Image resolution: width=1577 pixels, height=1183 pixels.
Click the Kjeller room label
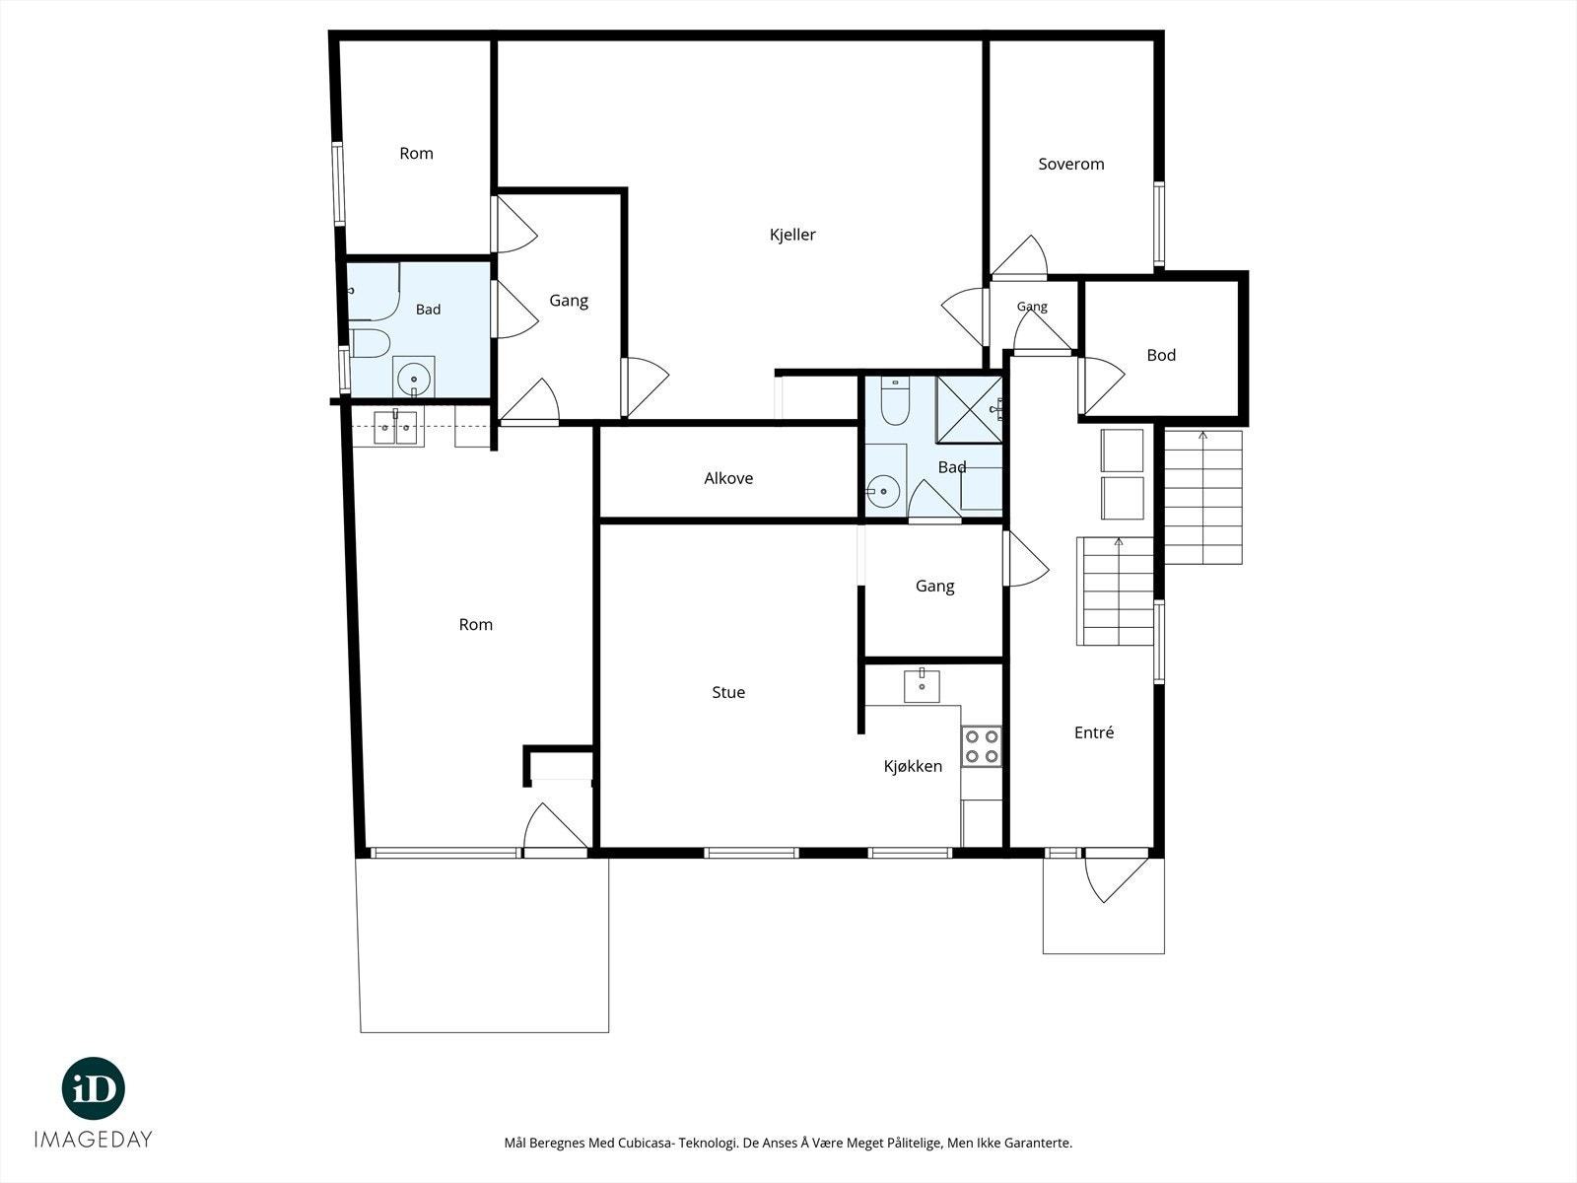792,235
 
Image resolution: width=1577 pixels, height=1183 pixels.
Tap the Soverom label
1070,165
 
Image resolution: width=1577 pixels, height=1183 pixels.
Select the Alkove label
728,478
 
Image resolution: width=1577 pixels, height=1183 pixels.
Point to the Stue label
727,692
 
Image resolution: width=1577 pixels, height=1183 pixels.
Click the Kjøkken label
913,766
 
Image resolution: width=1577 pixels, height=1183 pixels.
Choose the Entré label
1093,732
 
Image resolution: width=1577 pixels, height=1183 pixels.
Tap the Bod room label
1161,356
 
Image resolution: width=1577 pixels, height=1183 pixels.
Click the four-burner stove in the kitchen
982,746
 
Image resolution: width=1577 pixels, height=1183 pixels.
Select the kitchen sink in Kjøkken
922,686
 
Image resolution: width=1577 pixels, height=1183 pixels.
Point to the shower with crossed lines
969,409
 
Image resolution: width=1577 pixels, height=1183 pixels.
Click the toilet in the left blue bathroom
370,343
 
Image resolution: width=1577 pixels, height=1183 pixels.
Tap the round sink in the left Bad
414,378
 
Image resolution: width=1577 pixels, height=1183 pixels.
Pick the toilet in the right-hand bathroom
895,401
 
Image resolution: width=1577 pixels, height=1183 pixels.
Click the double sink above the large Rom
395,427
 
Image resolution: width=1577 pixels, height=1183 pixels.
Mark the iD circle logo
94,1088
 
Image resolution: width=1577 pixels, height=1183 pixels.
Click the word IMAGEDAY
94,1140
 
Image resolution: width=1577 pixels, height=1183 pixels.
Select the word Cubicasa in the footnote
646,1143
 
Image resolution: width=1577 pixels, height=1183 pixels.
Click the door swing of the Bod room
1102,386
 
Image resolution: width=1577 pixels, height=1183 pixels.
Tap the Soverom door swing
1019,256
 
